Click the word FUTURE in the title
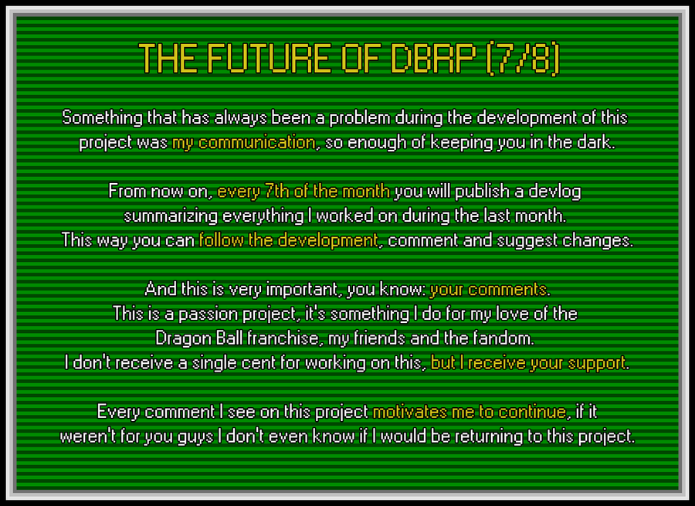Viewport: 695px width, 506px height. pos(269,58)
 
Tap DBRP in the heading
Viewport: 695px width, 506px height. pos(433,58)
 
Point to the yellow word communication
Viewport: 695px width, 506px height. pos(257,142)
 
